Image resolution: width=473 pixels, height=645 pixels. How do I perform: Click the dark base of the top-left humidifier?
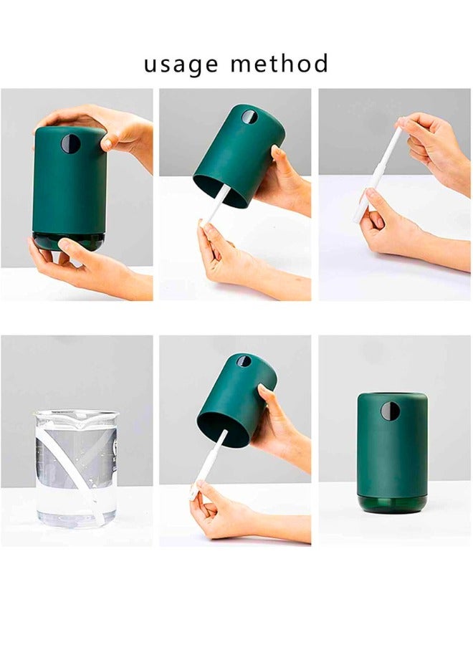[x=69, y=240]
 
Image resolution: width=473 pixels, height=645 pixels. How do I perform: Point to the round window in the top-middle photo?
[x=248, y=117]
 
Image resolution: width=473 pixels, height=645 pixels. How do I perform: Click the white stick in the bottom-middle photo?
[x=209, y=462]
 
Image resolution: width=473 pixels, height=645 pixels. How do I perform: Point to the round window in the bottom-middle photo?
[x=244, y=361]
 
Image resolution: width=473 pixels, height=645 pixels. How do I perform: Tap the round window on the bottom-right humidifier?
[x=390, y=411]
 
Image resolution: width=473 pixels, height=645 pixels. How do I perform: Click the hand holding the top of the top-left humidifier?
[x=115, y=125]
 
